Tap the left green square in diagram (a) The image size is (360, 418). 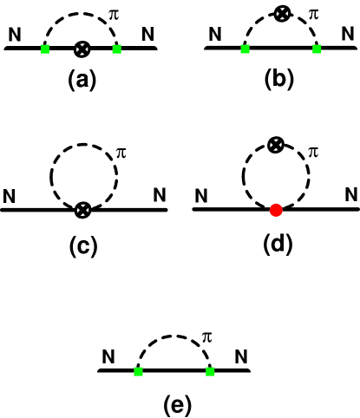tap(46, 49)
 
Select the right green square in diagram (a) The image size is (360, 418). tap(117, 49)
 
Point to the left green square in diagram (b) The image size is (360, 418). tap(246, 49)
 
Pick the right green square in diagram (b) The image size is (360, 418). tap(318, 49)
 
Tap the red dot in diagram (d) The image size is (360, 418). tap(276, 209)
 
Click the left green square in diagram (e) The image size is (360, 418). tap(138, 371)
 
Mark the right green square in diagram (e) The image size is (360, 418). tap(210, 371)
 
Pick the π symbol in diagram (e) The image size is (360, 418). tap(206, 336)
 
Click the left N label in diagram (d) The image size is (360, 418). tap(200, 196)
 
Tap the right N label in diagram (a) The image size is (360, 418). tap(149, 36)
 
